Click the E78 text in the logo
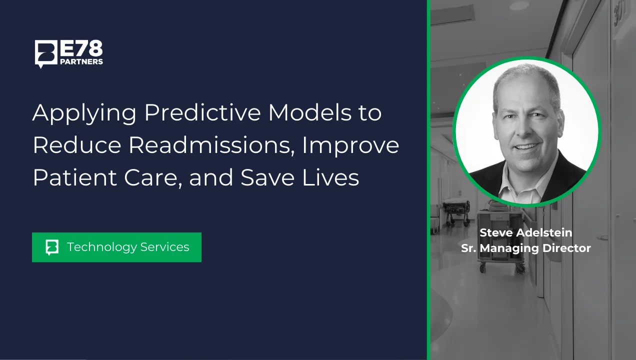[81, 48]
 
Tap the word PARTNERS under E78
[81, 62]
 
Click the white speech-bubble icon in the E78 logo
[45, 54]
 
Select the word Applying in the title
[84, 113]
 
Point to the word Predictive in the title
[202, 112]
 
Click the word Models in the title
[310, 112]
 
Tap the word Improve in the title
[350, 146]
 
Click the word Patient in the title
[75, 177]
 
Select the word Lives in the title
[330, 177]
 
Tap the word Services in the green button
[164, 247]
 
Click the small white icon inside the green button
[52, 247]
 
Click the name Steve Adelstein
[526, 232]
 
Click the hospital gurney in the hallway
[456, 210]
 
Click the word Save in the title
[267, 177]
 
